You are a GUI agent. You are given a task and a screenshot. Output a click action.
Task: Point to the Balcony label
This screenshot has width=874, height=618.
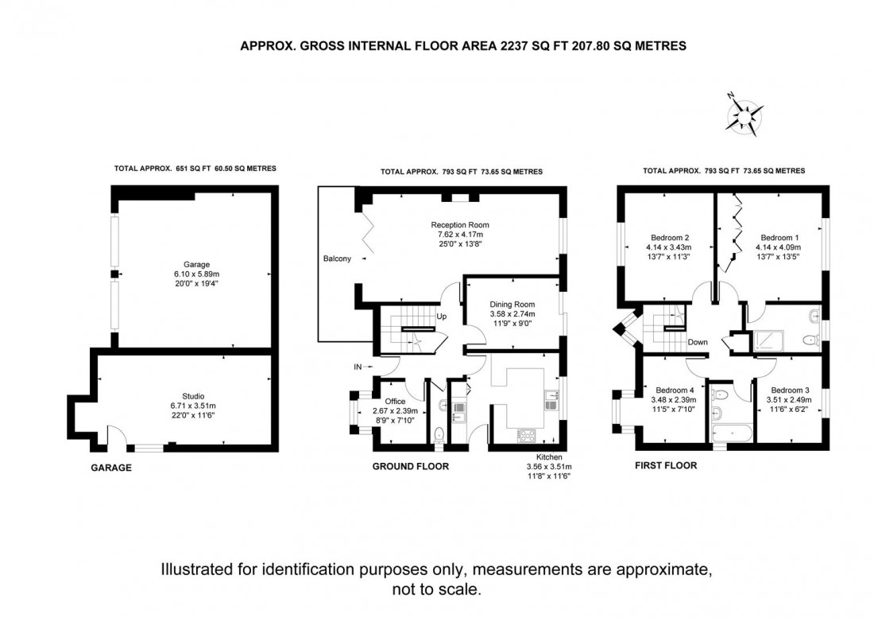pos(337,258)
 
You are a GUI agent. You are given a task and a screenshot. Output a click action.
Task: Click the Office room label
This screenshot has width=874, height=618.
pos(395,401)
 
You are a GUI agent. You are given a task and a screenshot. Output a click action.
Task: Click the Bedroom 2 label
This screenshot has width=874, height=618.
pos(670,238)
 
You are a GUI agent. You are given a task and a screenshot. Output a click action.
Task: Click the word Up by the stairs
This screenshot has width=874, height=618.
pos(442,317)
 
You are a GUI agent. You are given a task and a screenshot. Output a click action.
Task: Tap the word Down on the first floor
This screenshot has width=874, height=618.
pos(698,343)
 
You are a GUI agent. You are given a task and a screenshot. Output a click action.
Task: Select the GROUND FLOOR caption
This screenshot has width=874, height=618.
pos(411,467)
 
